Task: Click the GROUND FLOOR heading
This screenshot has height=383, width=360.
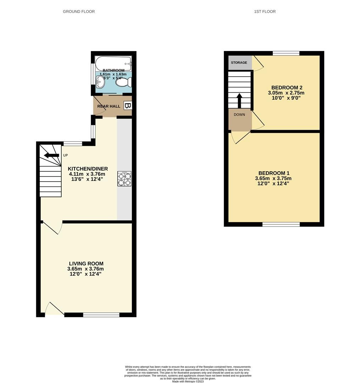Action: click(79, 12)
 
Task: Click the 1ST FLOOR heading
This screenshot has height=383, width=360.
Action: click(265, 12)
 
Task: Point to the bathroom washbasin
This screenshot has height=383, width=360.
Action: click(100, 83)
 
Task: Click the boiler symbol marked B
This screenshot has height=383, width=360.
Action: click(128, 106)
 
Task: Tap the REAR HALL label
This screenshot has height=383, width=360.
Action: click(109, 106)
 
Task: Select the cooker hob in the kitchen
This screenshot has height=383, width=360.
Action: click(124, 179)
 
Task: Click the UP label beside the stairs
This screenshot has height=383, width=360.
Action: click(65, 155)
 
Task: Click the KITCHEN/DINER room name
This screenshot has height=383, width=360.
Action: click(88, 169)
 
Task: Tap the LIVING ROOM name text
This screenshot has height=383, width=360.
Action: click(86, 263)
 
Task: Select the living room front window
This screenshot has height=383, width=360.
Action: click(101, 315)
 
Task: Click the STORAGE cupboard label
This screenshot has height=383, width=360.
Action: click(239, 63)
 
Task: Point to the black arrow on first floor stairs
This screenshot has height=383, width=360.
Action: click(239, 100)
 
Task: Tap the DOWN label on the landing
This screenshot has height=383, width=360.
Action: click(239, 115)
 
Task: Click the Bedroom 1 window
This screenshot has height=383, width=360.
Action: click(281, 224)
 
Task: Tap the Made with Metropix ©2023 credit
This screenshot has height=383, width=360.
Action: click(188, 381)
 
